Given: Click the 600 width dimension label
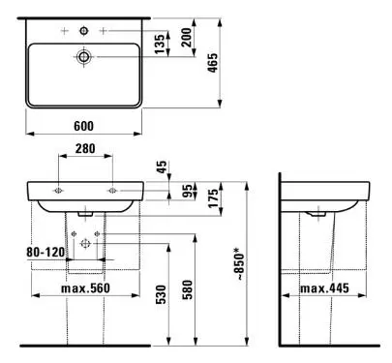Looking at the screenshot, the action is (x=83, y=126).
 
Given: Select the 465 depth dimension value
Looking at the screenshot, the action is (x=212, y=63).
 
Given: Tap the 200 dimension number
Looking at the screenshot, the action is (x=186, y=38).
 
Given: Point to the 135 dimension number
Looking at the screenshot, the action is (x=159, y=44).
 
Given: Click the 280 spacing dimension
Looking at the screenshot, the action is (x=85, y=148).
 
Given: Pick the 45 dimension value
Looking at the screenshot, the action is (x=162, y=167).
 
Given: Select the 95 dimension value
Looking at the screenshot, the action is (x=187, y=190).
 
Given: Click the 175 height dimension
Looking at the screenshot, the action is (x=213, y=198).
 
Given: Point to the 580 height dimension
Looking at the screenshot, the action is (x=187, y=289).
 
